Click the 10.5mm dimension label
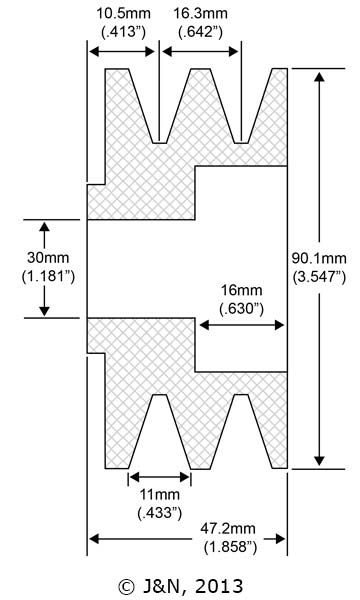pos(123,14)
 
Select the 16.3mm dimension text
pos(200,14)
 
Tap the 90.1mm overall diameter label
pos(319,258)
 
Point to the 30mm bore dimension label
pos(48,258)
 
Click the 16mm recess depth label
pos(242,290)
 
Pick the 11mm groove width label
pos(160,494)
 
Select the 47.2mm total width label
pos(228,529)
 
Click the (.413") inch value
pos(124,32)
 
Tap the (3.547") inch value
pos(319,277)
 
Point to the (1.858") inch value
pos(230,547)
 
